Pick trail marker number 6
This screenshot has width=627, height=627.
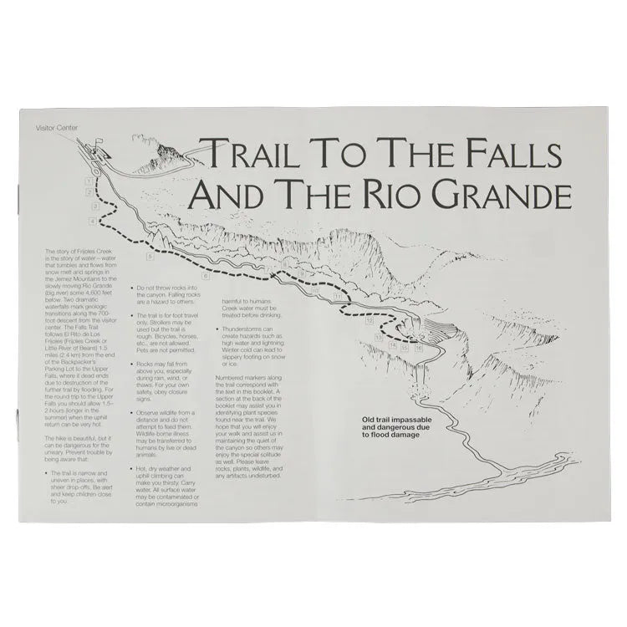pyautogui.click(x=205, y=274)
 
